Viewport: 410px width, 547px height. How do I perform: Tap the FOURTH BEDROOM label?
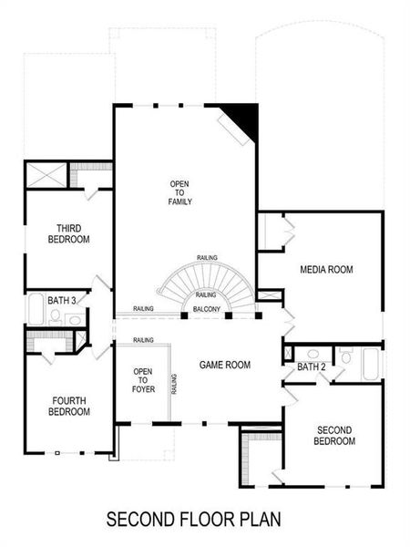click(69, 405)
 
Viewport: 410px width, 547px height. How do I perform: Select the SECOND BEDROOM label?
click(334, 435)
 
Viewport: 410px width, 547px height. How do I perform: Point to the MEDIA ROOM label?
click(326, 270)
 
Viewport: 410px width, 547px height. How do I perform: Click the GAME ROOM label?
click(224, 365)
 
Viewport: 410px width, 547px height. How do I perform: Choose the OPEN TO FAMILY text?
click(179, 192)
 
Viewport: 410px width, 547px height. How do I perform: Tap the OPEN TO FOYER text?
click(142, 380)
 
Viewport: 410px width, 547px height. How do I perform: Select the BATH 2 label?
click(311, 367)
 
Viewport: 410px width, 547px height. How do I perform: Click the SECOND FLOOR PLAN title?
click(194, 521)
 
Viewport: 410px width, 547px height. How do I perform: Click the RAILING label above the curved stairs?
click(207, 258)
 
